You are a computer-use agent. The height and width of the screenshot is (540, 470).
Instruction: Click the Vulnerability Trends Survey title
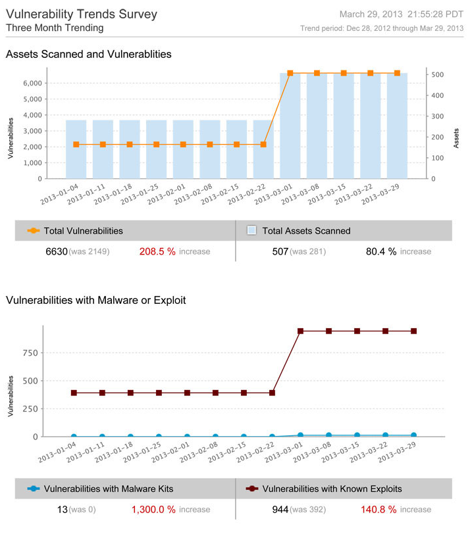click(82, 14)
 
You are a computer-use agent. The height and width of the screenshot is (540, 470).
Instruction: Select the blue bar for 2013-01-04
click(76, 149)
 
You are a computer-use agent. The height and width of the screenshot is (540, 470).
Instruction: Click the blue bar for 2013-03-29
click(397, 125)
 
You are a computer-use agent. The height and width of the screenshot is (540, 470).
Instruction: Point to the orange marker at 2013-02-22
click(263, 144)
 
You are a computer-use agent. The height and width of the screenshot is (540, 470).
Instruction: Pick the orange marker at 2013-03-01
click(290, 73)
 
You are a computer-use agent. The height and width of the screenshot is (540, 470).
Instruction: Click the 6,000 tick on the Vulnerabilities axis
click(32, 83)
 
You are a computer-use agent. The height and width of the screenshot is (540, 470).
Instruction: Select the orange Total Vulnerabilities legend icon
click(33, 231)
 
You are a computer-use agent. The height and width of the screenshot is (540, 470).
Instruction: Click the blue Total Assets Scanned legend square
click(251, 231)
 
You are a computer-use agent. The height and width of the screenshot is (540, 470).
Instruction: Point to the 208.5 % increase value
click(157, 251)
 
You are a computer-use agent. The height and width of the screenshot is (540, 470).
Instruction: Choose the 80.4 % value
click(381, 251)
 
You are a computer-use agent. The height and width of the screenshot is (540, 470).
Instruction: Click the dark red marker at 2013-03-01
click(300, 331)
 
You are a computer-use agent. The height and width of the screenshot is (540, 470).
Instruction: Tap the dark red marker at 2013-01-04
click(74, 393)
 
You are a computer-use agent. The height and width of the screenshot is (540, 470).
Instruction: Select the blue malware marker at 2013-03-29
click(413, 435)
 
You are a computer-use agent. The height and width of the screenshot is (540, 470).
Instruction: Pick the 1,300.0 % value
click(153, 509)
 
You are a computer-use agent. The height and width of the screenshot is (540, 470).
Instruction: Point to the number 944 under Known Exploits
click(280, 509)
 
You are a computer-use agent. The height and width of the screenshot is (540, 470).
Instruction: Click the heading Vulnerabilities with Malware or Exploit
click(95, 300)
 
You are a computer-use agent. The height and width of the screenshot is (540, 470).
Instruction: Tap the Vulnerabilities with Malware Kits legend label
click(109, 489)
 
